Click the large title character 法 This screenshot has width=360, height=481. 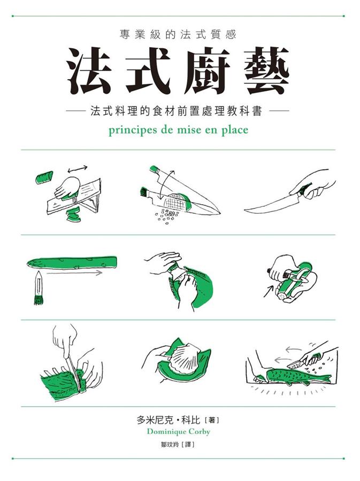[89, 71]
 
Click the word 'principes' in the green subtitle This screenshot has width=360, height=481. [133, 130]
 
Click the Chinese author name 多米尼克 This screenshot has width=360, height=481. [155, 420]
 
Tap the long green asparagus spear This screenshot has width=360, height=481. [72, 262]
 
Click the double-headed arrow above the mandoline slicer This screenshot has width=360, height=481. [78, 168]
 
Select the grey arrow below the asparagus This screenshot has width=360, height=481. [74, 273]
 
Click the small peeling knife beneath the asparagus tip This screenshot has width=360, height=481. [39, 288]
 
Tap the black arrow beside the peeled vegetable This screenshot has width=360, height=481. [269, 291]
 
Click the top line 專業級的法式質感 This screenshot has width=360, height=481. [178, 35]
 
